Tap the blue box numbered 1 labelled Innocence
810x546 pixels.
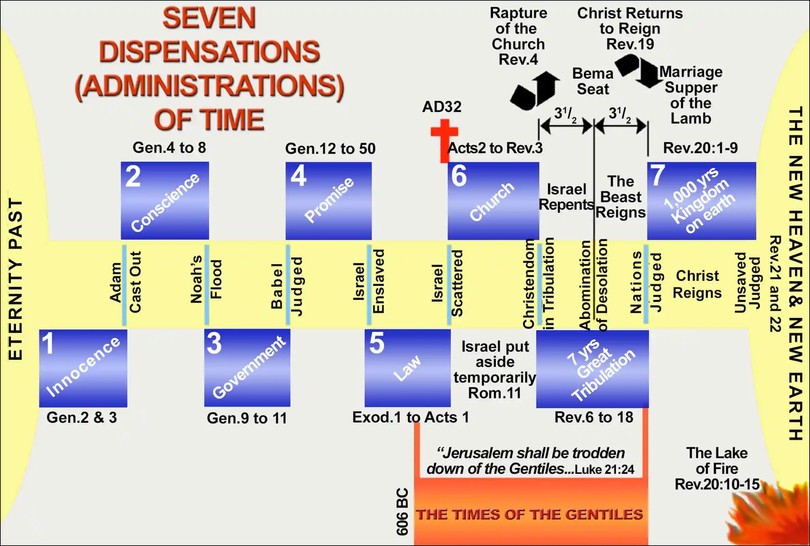[83, 368]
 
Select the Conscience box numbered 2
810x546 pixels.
[165, 200]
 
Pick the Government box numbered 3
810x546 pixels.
[247, 368]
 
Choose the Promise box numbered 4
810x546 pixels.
[328, 201]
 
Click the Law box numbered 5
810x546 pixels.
[408, 368]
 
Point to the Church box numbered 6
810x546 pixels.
[493, 201]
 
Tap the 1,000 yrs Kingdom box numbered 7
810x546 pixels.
[701, 201]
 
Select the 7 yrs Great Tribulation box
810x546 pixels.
[592, 369]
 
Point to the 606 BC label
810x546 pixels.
[402, 512]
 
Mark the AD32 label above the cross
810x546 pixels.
[442, 107]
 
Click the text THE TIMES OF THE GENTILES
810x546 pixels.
[529, 514]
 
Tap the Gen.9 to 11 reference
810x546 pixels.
[247, 418]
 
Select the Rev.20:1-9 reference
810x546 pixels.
[700, 148]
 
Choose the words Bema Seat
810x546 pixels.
[593, 81]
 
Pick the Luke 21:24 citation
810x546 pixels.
[604, 469]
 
